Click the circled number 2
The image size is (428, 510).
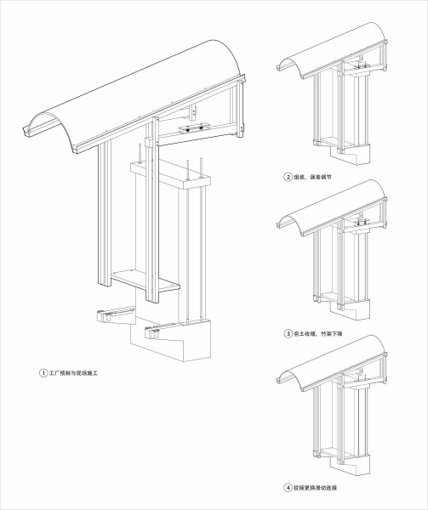(x=288, y=178)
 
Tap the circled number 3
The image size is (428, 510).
(x=288, y=334)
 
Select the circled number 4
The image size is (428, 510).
(x=288, y=488)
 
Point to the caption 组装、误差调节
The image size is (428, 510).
(x=317, y=178)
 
